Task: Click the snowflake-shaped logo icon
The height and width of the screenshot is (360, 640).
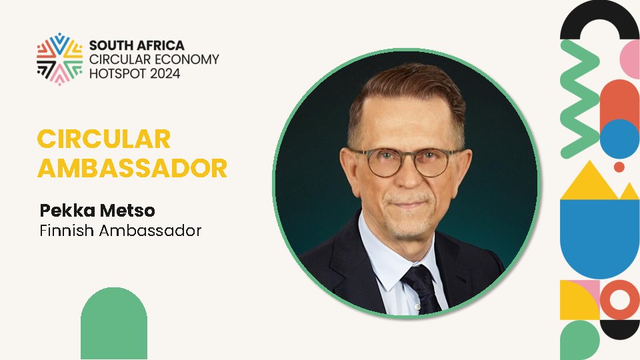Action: tap(59, 59)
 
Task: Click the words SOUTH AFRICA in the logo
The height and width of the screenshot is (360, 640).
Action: tap(136, 46)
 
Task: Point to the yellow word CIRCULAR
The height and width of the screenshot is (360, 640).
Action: tap(104, 139)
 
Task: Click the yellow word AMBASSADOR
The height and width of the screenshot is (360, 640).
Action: tap(132, 169)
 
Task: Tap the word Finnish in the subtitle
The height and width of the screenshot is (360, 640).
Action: tap(67, 231)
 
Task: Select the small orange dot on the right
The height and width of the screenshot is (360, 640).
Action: tap(619, 167)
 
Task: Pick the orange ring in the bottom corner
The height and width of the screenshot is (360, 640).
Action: tap(619, 300)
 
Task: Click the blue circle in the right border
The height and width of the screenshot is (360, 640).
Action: tap(620, 139)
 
